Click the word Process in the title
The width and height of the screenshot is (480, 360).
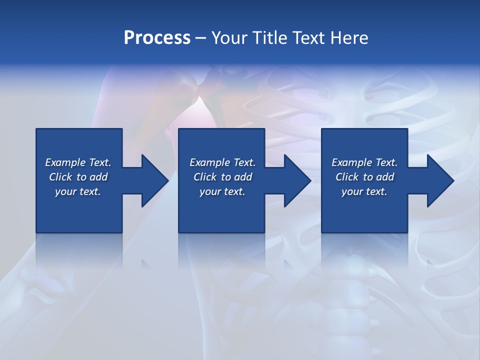pos(157,38)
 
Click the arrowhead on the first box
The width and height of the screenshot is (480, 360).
pos(153,180)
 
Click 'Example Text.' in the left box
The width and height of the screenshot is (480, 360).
pos(78,162)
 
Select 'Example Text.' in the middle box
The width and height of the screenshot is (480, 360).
pos(222,162)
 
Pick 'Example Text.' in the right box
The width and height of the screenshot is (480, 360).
pos(364,162)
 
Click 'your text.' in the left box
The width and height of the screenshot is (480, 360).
pos(78,191)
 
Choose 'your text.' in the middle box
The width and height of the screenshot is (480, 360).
pos(222,191)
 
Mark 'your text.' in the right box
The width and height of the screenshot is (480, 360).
pos(364,191)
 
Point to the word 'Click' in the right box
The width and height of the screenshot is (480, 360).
pos(347,177)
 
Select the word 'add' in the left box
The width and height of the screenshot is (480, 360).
pos(98,177)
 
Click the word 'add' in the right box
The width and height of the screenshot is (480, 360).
pos(384,177)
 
